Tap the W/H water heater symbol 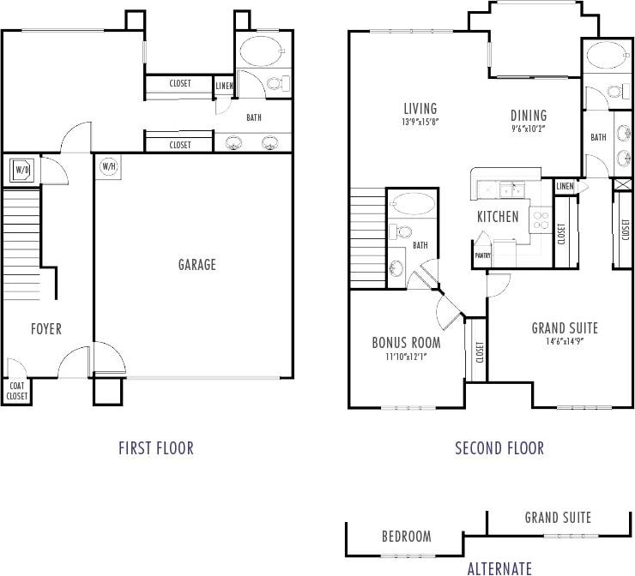point(109,166)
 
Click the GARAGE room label point(197,265)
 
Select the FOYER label point(45,329)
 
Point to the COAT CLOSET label point(17,391)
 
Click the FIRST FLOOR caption point(155,447)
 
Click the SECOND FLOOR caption point(499,447)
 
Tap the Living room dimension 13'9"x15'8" point(420,123)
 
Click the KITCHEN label point(498,217)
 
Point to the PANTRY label point(482,255)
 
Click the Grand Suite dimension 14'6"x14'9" point(564,341)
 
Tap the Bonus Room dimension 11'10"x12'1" point(406,356)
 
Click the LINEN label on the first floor point(224,85)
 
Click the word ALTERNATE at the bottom point(499,567)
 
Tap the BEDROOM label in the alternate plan point(406,537)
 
